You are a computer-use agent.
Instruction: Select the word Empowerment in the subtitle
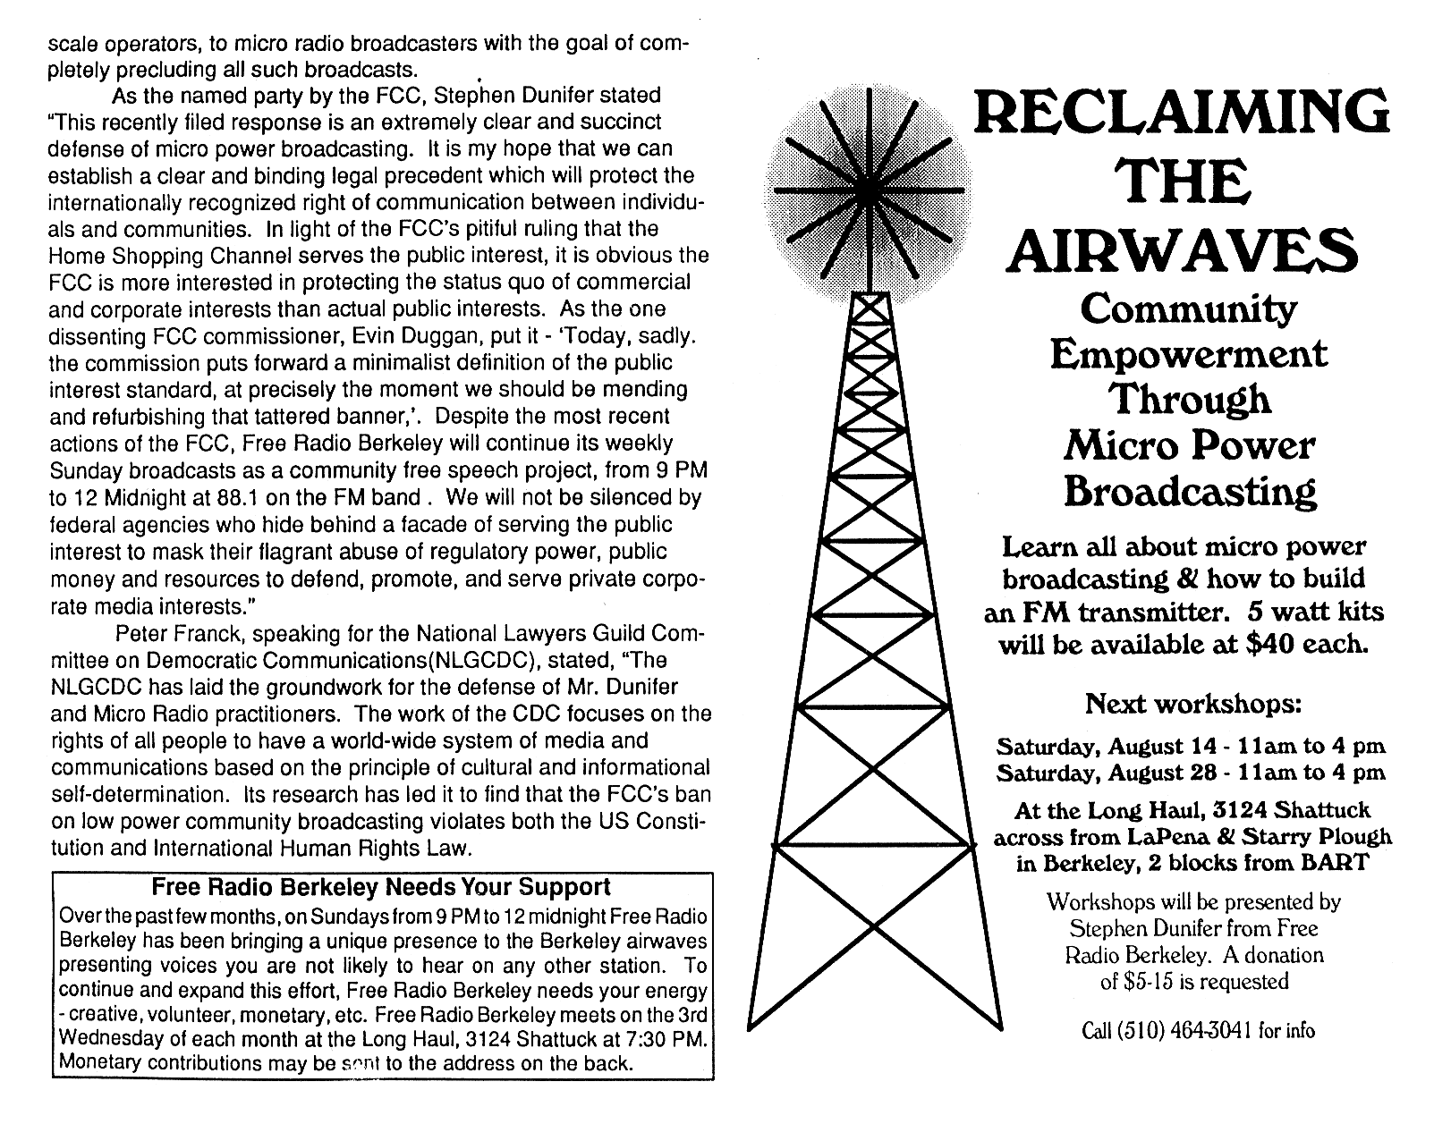point(1189,355)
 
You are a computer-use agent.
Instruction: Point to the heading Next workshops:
point(1192,704)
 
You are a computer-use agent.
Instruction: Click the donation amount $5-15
point(1157,981)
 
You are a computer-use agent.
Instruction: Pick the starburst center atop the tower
point(868,190)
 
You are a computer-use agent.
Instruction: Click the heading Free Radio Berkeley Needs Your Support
point(381,887)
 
